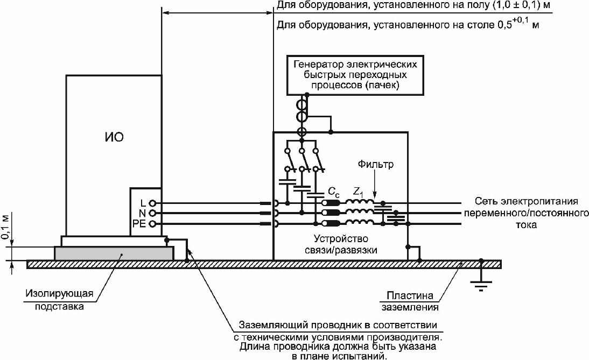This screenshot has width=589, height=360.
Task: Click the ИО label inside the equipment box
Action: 114,137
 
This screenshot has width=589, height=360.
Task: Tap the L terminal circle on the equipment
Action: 152,203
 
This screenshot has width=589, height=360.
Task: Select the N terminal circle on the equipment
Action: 152,213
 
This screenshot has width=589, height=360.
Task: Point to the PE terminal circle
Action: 152,224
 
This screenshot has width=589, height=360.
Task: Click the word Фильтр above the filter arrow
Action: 376,165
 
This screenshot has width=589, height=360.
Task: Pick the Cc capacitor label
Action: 334,192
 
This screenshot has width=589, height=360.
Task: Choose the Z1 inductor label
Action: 358,192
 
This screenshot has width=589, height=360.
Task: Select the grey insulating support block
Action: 114,253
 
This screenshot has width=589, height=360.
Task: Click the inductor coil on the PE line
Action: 360,223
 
